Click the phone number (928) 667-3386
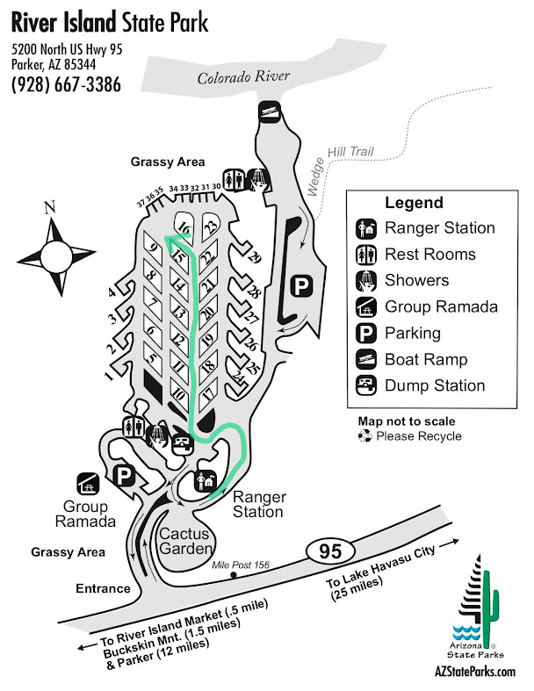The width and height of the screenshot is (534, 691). [x=66, y=84]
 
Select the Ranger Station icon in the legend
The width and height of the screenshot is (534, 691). [x=367, y=228]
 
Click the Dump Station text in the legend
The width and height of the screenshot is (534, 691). [x=435, y=385]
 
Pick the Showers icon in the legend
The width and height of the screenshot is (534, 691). [x=367, y=281]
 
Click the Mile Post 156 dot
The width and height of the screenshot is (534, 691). [x=234, y=577]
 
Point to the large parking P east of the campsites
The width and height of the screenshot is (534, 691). [x=301, y=285]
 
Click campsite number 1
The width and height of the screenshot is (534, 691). [x=109, y=376]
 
